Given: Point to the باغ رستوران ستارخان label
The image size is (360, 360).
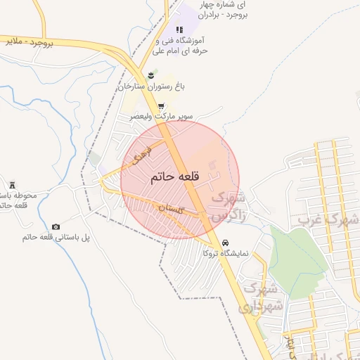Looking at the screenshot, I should pyautogui.click(x=155, y=86).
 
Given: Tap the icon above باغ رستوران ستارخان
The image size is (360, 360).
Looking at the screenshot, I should pyautogui.click(x=150, y=75).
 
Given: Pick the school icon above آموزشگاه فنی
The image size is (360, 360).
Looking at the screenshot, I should pyautogui.click(x=180, y=30).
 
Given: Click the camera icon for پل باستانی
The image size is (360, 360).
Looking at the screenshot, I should pyautogui.click(x=56, y=226).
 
